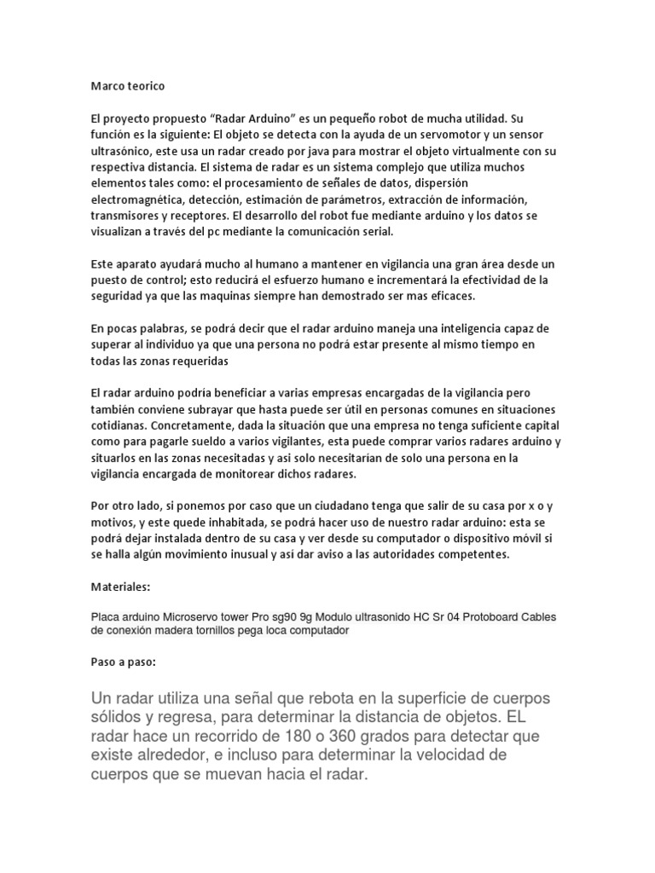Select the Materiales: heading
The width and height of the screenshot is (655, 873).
point(121,588)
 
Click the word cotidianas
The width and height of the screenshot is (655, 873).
point(119,425)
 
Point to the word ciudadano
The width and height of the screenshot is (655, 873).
point(349,506)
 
